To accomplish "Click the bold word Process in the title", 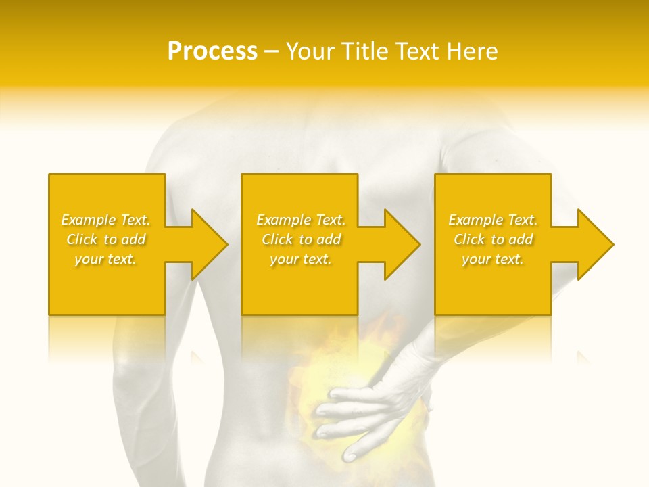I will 212,51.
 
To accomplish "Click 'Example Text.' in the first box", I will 105,220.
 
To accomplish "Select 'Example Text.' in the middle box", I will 301,220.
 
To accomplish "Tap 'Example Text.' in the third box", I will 493,220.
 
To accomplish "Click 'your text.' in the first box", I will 105,259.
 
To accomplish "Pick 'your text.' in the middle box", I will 301,259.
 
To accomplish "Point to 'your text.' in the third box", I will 493,259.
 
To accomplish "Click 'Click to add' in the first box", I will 105,239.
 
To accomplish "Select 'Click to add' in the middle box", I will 301,239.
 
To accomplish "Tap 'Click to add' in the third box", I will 493,239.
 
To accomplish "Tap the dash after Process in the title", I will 271,52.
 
